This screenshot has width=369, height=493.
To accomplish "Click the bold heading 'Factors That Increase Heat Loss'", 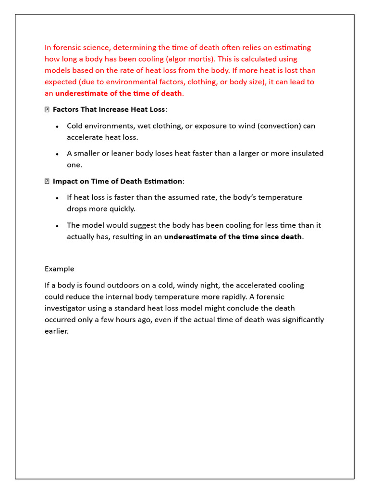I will click(x=109, y=109).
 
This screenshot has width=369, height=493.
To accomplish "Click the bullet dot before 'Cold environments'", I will click(x=57, y=126).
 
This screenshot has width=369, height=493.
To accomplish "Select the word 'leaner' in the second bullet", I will click(x=124, y=153).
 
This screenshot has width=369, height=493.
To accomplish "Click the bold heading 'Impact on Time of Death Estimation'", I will click(x=117, y=181).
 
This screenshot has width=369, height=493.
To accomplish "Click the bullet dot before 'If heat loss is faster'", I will click(x=57, y=198).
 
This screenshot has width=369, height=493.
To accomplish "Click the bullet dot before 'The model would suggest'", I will click(x=57, y=226).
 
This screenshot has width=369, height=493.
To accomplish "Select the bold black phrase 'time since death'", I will click(x=274, y=236).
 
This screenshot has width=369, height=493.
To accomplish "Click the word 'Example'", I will click(x=59, y=269).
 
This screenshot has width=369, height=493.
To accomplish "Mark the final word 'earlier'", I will click(x=56, y=331).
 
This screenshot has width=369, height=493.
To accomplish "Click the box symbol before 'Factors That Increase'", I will click(x=47, y=110).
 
